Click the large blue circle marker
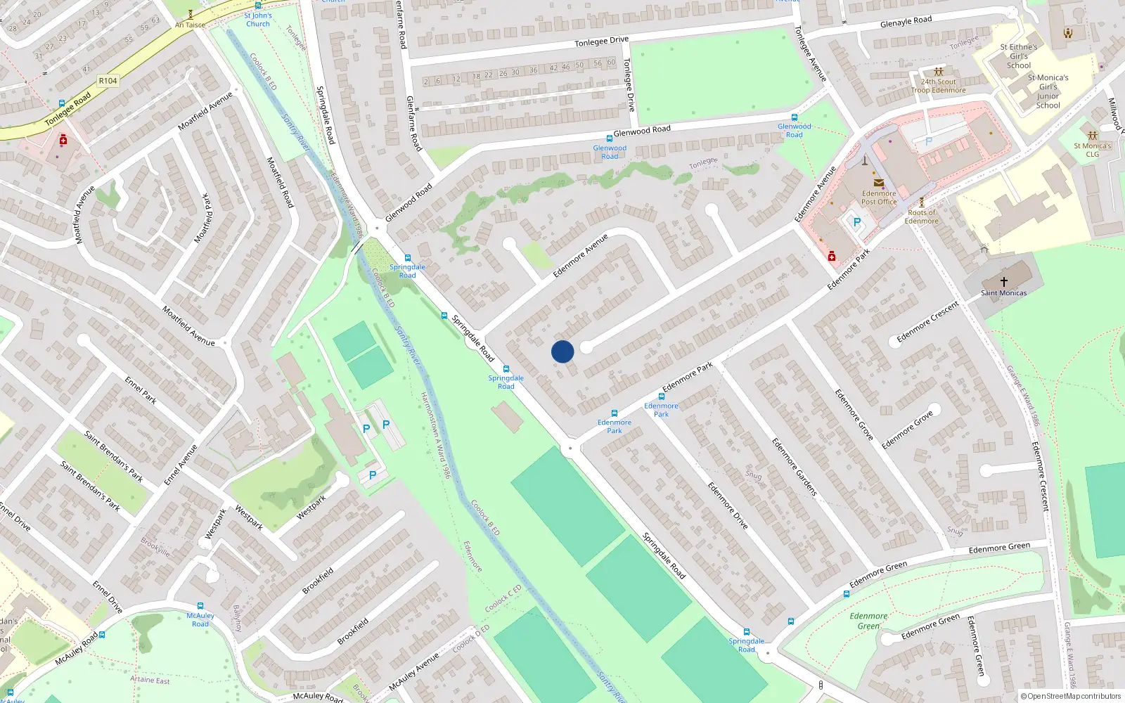pos(562,351)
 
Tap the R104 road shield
pos(108,81)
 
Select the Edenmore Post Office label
pos(879,198)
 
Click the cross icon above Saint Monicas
pos(1003,281)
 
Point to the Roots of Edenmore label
pos(921,217)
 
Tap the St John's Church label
pos(258,20)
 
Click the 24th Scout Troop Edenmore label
pos(938,86)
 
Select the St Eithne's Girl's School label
pos(1018,56)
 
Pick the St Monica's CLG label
pos(1092,150)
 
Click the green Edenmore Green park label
pos(868,621)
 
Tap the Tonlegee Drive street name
pos(601,41)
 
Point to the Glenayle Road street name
pos(906,22)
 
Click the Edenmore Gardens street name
pos(795,467)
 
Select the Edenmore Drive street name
pos(728,505)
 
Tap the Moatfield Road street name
pos(280,182)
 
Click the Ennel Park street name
pos(141,390)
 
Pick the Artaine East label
pos(150,680)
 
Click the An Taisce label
pos(190,25)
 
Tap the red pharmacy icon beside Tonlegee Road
pos(63,141)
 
